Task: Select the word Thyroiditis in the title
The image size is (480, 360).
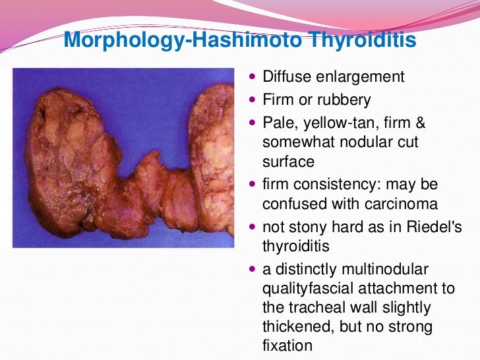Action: [359, 41]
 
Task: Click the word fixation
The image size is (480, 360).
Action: [287, 345]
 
